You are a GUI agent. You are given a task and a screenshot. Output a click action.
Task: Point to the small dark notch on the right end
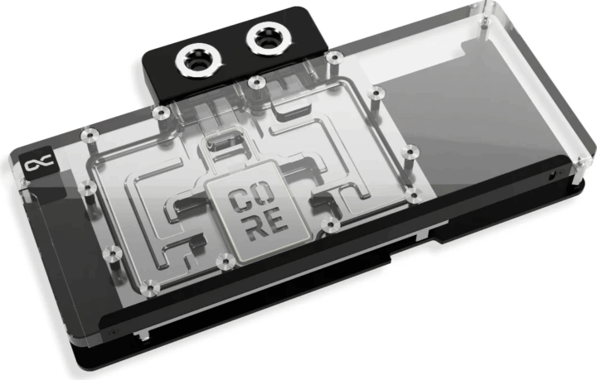(549, 176)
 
